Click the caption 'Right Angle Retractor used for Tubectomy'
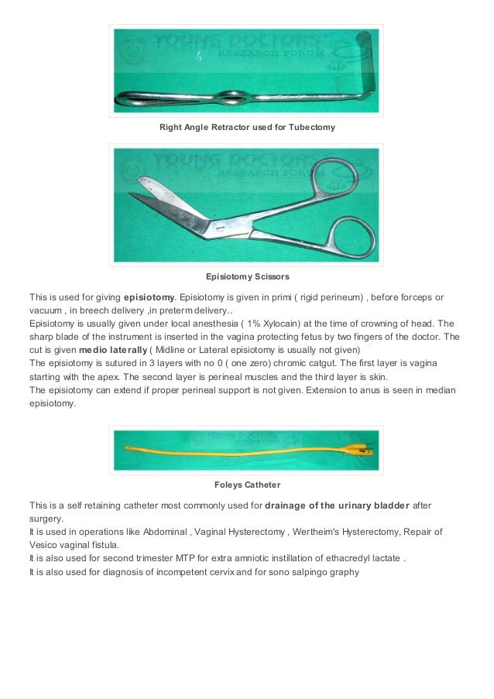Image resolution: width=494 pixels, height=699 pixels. click(247, 126)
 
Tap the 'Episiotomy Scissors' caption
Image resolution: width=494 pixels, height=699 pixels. click(247, 276)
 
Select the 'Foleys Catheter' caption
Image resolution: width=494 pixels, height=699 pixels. click(247, 486)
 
